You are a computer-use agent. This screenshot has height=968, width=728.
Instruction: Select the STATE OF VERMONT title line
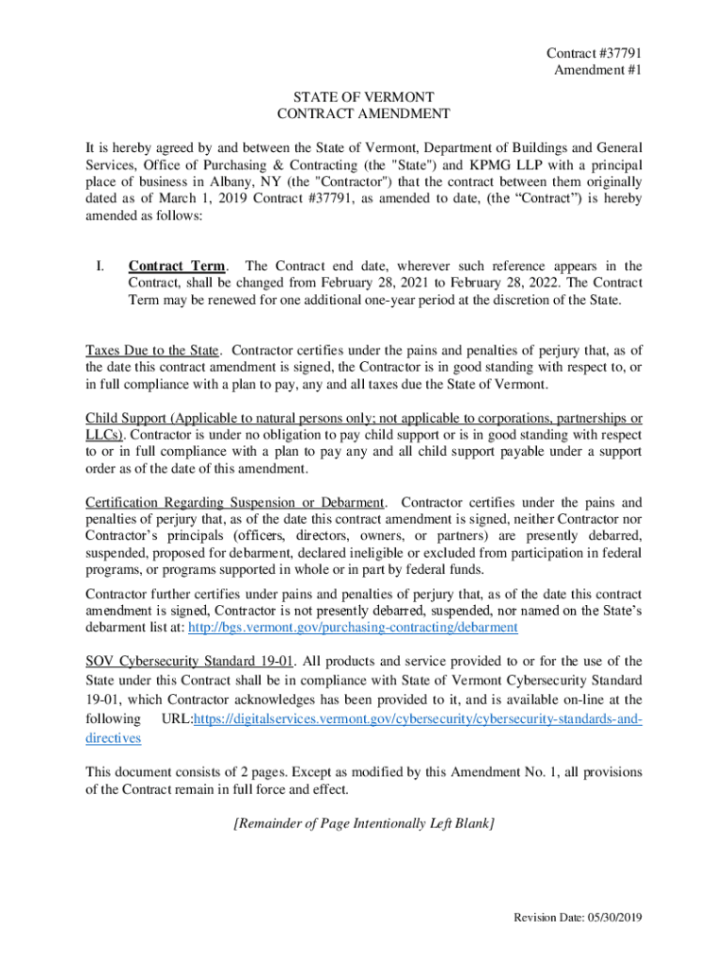click(x=363, y=97)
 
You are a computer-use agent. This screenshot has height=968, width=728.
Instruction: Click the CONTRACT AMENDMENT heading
click(x=363, y=114)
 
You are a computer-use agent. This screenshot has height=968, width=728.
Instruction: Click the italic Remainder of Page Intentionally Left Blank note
click(x=363, y=823)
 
